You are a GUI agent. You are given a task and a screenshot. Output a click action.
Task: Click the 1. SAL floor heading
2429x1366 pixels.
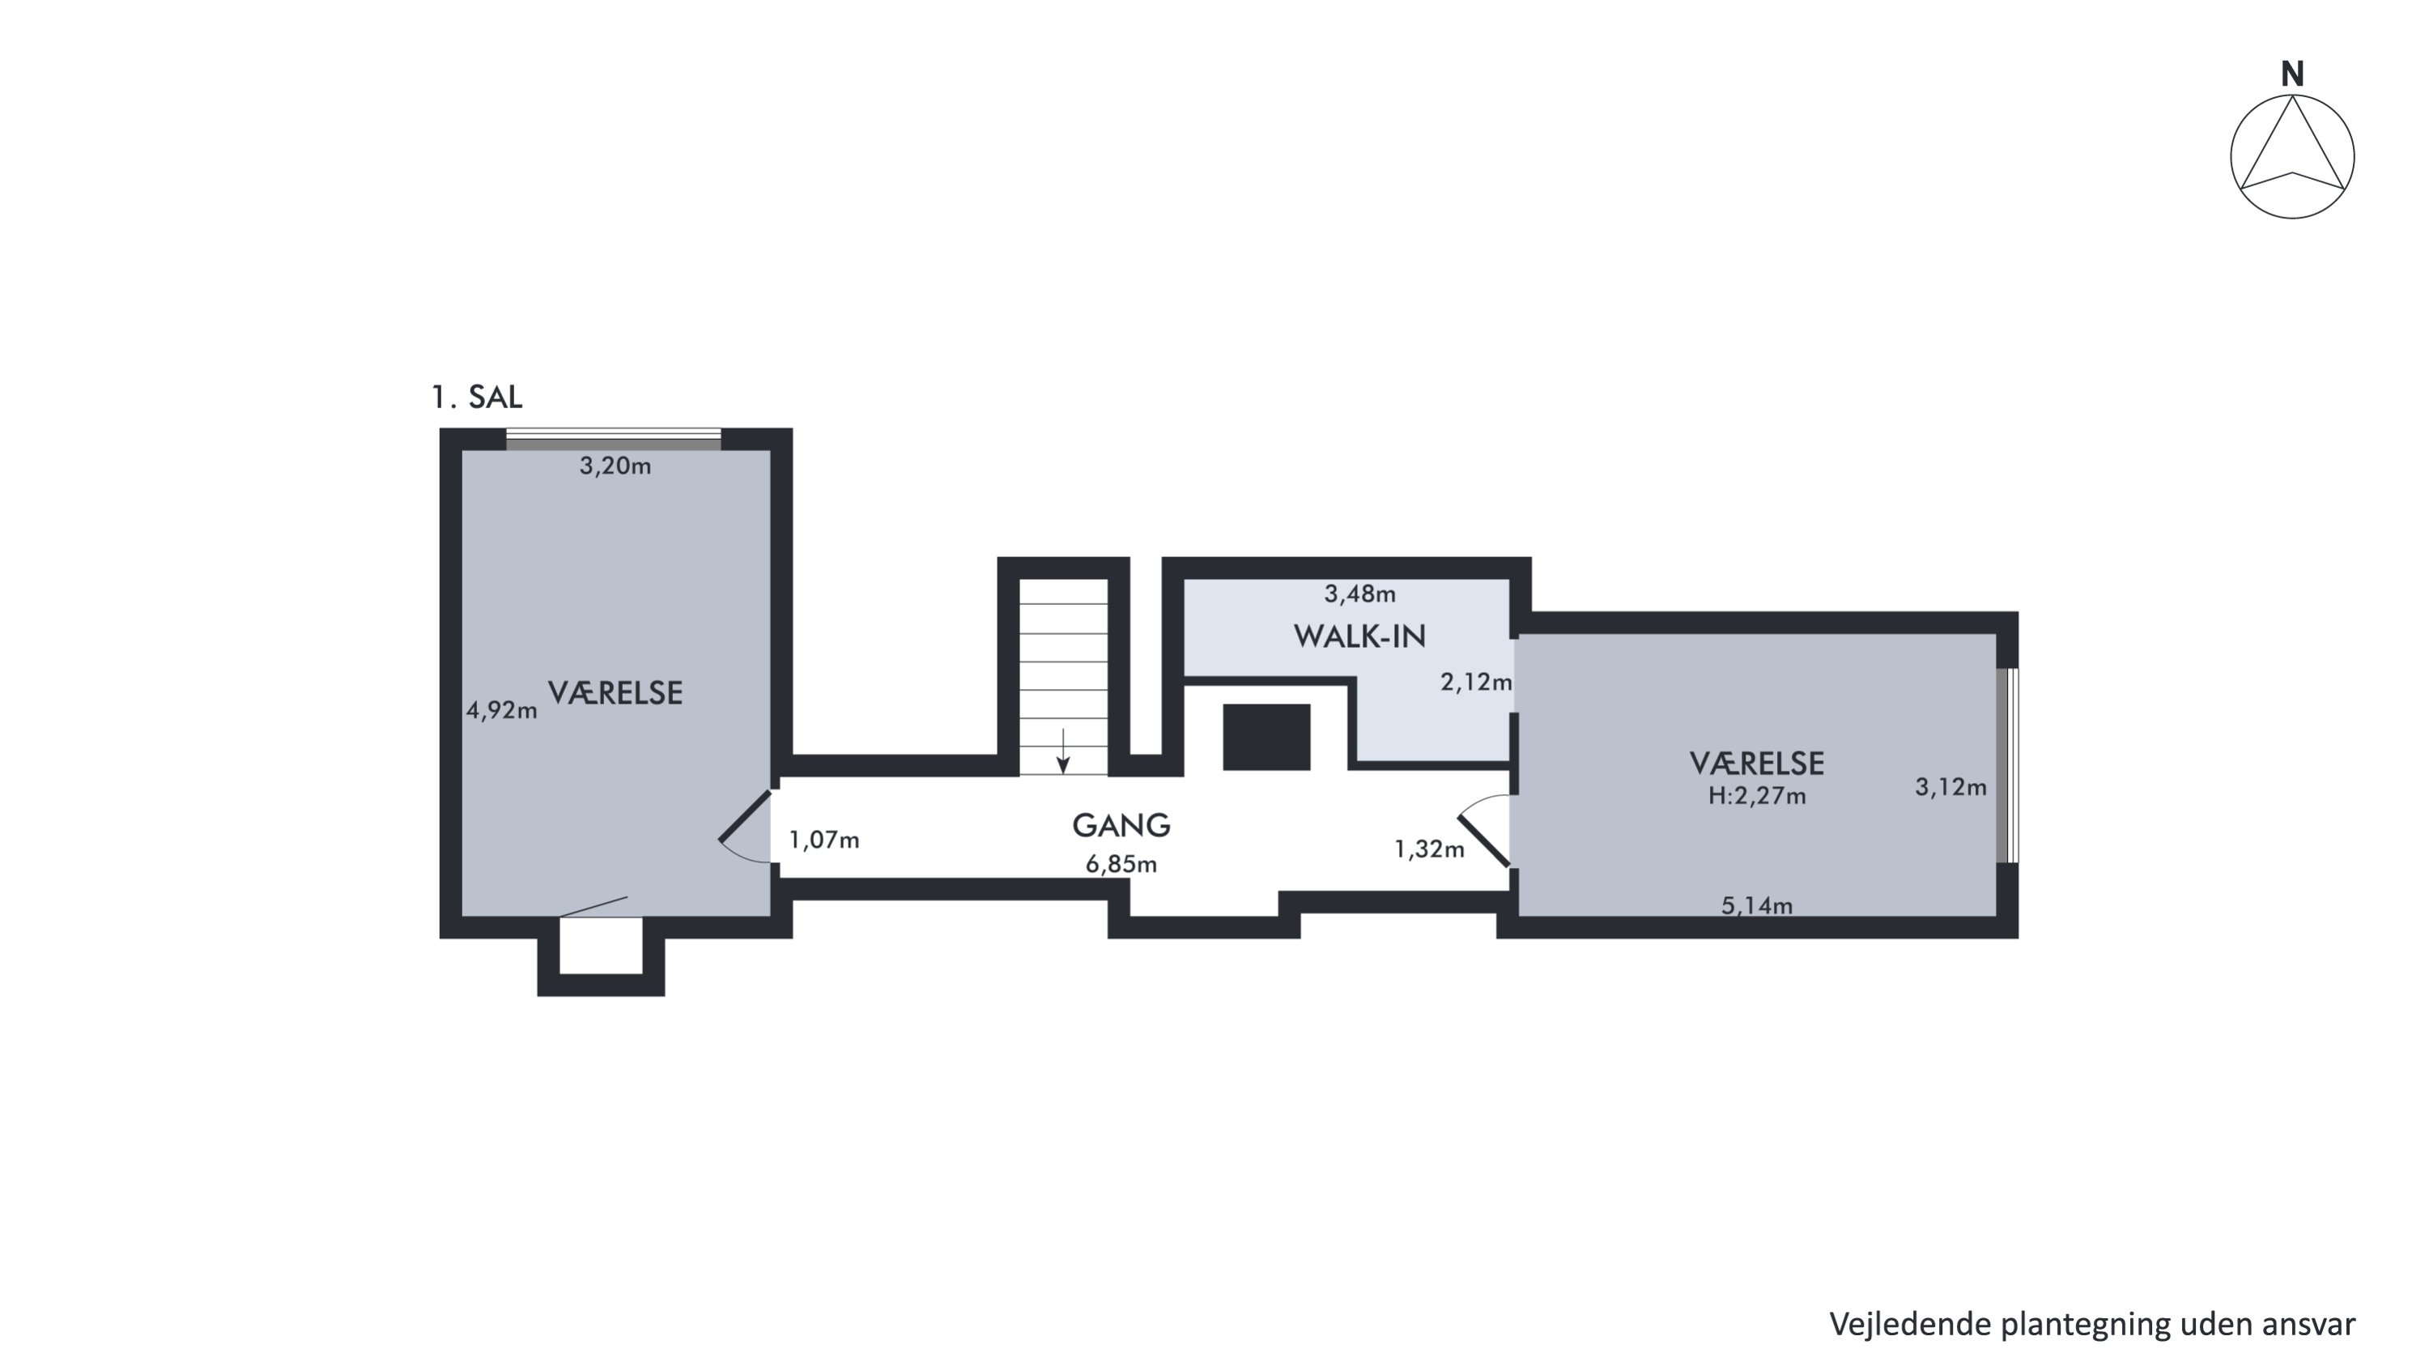click(x=476, y=397)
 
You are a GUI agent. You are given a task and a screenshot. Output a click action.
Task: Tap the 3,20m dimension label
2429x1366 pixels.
click(x=615, y=466)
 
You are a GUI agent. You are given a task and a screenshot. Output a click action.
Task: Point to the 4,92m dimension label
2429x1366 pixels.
click(x=502, y=710)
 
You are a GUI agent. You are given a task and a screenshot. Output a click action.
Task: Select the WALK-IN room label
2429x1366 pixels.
click(x=1359, y=636)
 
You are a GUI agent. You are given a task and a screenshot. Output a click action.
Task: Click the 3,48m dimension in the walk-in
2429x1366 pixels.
click(x=1359, y=594)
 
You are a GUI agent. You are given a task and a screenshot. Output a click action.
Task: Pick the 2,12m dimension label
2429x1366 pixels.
click(x=1476, y=682)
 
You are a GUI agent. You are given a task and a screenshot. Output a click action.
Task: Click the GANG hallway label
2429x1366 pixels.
click(x=1121, y=826)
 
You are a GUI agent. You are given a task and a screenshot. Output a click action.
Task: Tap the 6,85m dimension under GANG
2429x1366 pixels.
click(x=1121, y=865)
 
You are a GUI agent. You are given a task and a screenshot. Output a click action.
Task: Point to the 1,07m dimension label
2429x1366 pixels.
click(x=824, y=839)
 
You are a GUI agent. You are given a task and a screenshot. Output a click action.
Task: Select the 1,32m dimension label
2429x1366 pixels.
click(x=1430, y=849)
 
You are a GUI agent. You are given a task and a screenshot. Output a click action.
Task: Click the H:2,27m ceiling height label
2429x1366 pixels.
click(x=1757, y=797)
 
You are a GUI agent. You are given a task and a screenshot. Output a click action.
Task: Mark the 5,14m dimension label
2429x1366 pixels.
click(x=1757, y=906)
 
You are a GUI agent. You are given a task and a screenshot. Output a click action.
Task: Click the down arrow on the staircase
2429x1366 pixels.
click(x=1062, y=751)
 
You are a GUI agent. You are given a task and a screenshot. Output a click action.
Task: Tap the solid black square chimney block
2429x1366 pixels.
click(x=1266, y=737)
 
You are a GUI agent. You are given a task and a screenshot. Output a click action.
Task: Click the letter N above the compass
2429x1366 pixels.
click(x=2292, y=74)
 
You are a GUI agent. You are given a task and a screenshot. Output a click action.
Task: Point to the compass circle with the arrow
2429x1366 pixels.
click(x=2292, y=156)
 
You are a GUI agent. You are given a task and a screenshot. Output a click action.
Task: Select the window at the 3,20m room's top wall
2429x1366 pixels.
click(x=614, y=440)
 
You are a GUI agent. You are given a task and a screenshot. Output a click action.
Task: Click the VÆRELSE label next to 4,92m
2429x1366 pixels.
click(x=615, y=693)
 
